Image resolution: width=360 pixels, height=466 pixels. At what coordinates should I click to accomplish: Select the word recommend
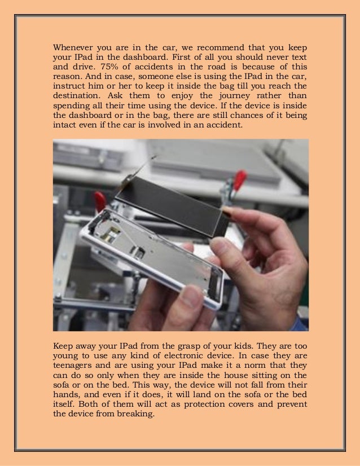pos(208,46)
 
